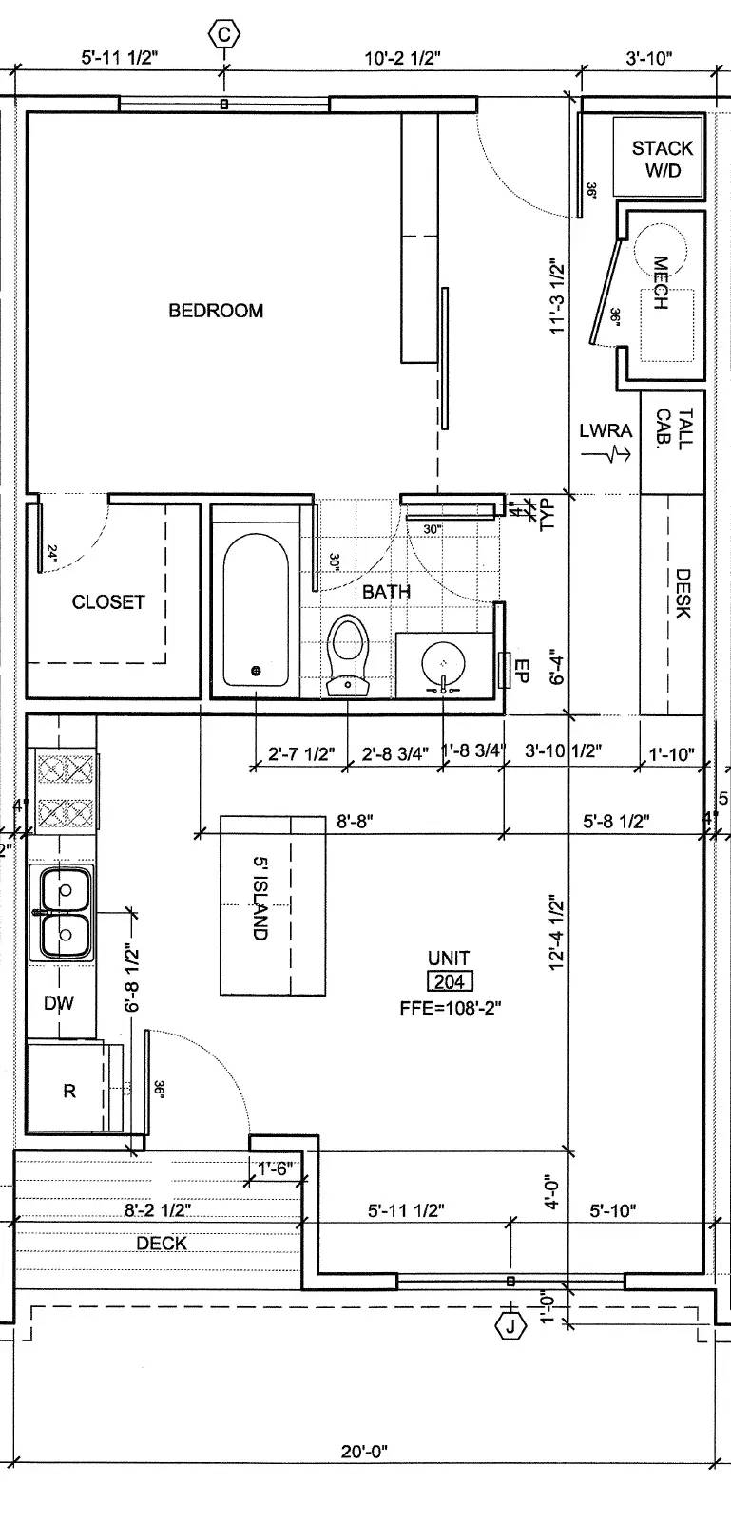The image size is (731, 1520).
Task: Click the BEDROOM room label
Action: pyautogui.click(x=216, y=311)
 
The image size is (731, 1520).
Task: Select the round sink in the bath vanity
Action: pyautogui.click(x=443, y=662)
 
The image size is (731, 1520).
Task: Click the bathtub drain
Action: pyautogui.click(x=256, y=671)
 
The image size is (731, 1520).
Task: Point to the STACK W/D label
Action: pyautogui.click(x=663, y=159)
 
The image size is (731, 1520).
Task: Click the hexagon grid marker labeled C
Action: pyautogui.click(x=224, y=34)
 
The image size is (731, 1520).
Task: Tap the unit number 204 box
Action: pyautogui.click(x=450, y=981)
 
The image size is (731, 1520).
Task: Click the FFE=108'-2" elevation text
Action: pyautogui.click(x=450, y=1008)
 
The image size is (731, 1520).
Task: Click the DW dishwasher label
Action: pyautogui.click(x=59, y=1003)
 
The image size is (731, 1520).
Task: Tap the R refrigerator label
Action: pyautogui.click(x=69, y=1092)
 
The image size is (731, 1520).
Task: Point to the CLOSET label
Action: pyautogui.click(x=108, y=602)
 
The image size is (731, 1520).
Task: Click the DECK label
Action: pyautogui.click(x=162, y=1244)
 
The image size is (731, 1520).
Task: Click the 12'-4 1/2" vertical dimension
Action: pyautogui.click(x=557, y=935)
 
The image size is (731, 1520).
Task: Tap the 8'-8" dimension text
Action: pyautogui.click(x=355, y=821)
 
